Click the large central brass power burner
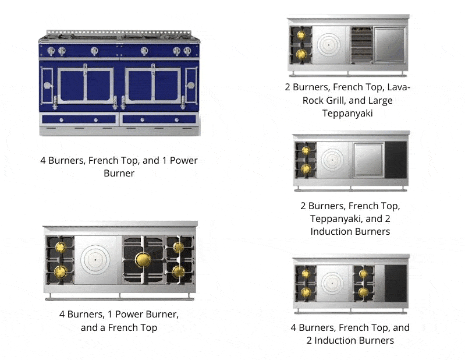[143, 260]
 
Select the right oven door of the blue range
[152, 86]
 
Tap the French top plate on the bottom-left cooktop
[97, 260]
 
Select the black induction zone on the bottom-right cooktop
[396, 283]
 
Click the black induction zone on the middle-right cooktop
[396, 158]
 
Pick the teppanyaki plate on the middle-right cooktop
[368, 158]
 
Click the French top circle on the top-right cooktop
[330, 44]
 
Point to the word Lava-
[398, 87]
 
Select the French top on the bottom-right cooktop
[334, 283]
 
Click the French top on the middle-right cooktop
[332, 158]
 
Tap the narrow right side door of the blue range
[190, 86]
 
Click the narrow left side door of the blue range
[47, 86]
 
